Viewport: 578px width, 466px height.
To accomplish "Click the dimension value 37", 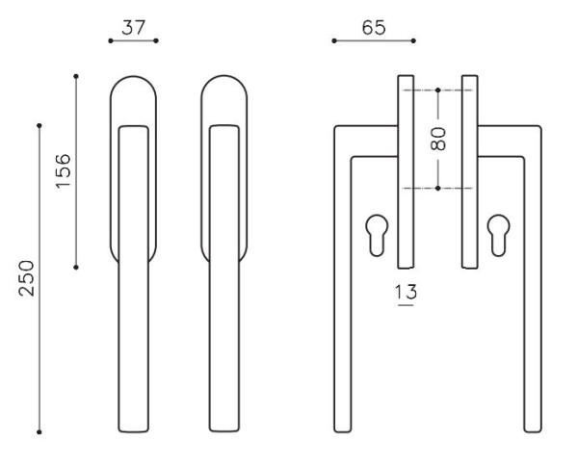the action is [134, 28].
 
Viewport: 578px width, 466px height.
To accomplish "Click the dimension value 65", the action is [374, 28].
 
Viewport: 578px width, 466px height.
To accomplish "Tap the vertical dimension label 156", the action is [63, 170].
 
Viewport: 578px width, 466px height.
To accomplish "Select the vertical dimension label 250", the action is [27, 278].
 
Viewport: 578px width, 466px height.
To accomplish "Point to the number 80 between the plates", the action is [438, 139].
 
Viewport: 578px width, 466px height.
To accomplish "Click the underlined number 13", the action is [407, 292].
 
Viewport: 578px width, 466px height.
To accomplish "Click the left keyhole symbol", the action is [377, 235].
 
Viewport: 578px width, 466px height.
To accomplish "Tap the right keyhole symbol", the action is [498, 235].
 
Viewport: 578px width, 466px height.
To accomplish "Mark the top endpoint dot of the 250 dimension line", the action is [39, 125].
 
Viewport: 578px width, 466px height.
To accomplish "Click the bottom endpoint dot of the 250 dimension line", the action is [39, 431].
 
